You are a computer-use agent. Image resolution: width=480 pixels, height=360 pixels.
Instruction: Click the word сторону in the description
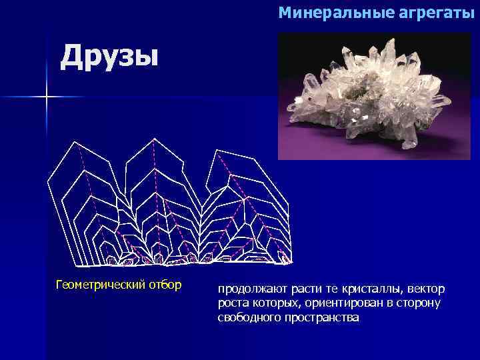(421, 304)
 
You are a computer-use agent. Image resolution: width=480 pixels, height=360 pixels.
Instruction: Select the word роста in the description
(231, 304)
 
